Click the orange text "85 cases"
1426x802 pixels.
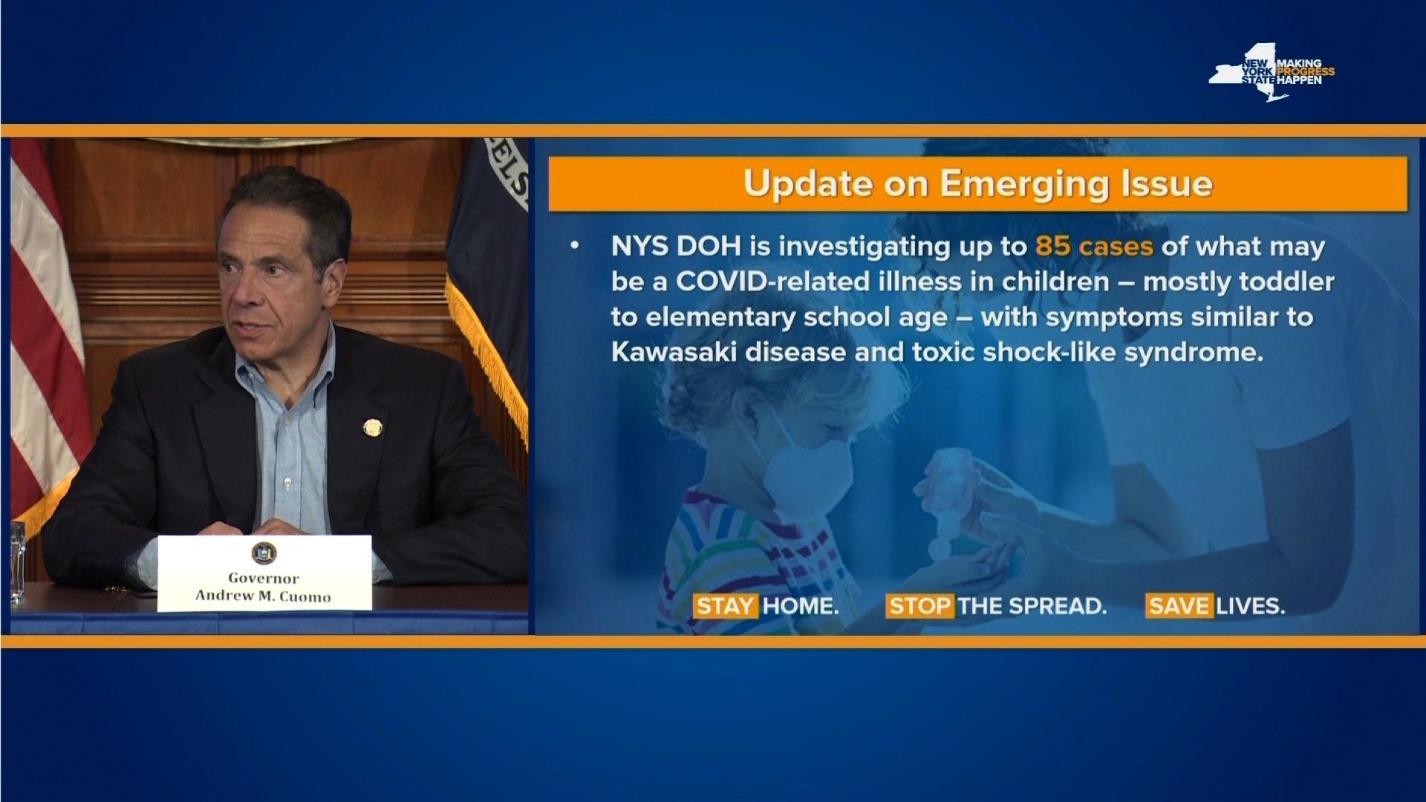pyautogui.click(x=1094, y=246)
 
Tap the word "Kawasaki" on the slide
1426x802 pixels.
pyautogui.click(x=674, y=352)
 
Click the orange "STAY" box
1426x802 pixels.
pyautogui.click(x=725, y=606)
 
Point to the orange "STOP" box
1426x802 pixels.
pyautogui.click(x=919, y=606)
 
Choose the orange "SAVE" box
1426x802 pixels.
pyautogui.click(x=1179, y=606)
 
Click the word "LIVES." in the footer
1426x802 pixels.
pyautogui.click(x=1251, y=606)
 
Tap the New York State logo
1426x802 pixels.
pyautogui.click(x=1272, y=72)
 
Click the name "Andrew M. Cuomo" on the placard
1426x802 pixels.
pyautogui.click(x=264, y=596)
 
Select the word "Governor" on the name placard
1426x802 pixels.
pyautogui.click(x=264, y=578)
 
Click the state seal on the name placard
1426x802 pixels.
pyautogui.click(x=264, y=552)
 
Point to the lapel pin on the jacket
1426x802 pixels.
pyautogui.click(x=372, y=428)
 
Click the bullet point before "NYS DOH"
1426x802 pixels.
pyautogui.click(x=574, y=246)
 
